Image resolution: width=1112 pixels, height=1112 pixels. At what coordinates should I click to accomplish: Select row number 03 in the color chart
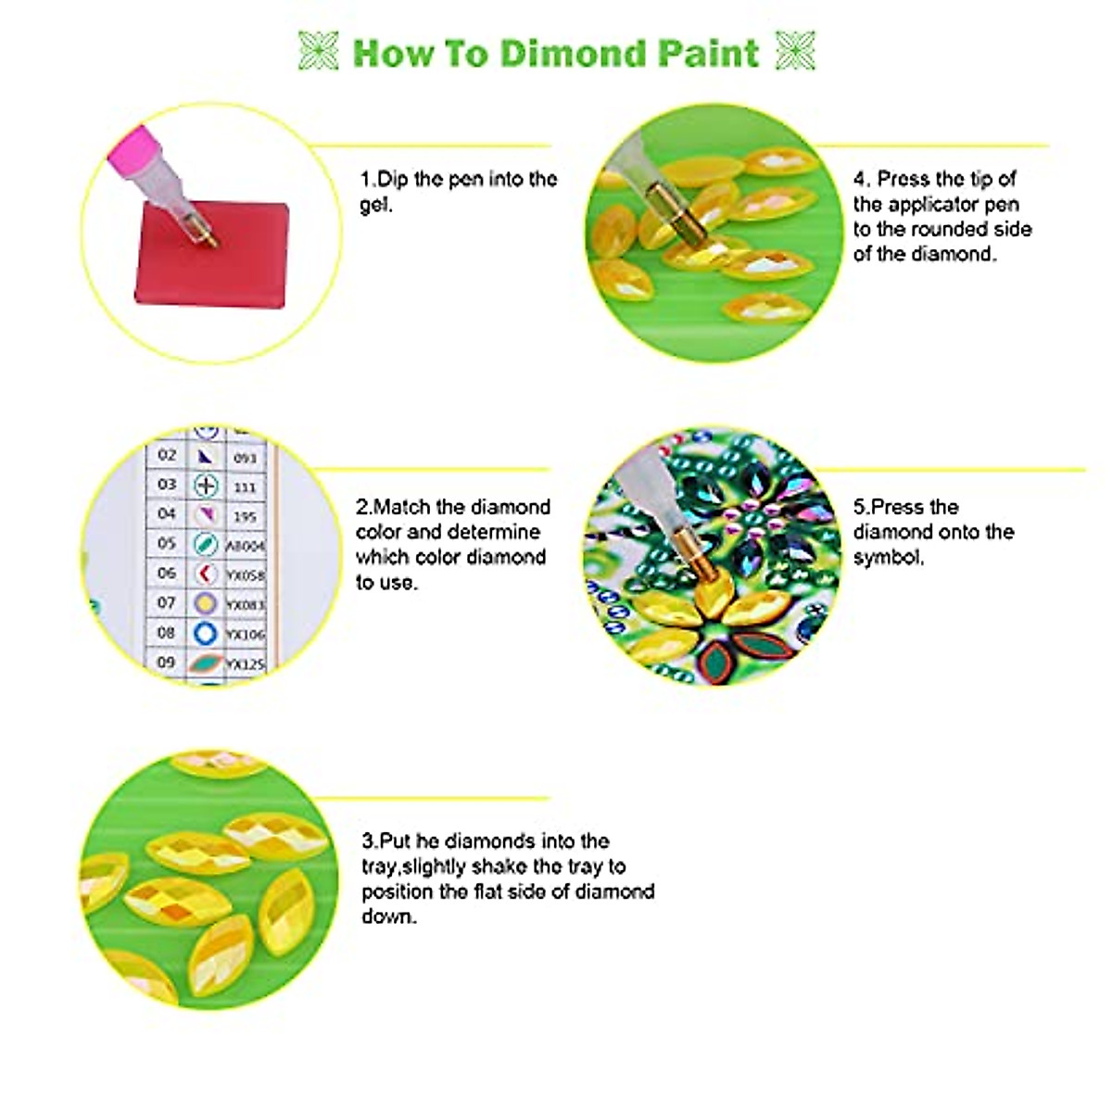coord(167,485)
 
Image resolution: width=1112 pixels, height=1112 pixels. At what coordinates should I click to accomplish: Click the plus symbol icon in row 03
coord(205,485)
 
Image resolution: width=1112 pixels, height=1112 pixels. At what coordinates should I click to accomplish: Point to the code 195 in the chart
coord(245,516)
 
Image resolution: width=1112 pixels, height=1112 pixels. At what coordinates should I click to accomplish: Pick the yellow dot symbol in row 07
coord(205,604)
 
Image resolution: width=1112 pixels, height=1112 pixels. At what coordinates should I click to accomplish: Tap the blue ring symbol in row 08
coord(205,634)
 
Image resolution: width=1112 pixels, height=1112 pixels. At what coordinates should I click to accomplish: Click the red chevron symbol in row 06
coord(205,575)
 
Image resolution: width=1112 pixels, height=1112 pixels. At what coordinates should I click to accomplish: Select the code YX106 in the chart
coord(246,635)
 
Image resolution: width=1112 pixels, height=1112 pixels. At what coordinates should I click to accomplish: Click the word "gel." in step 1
coord(376,205)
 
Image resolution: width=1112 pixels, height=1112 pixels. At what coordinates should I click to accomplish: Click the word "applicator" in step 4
coord(936,204)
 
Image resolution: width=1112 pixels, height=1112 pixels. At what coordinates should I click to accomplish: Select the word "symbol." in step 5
coord(888,557)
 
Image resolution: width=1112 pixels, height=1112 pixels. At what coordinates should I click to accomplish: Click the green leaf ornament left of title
coord(318,51)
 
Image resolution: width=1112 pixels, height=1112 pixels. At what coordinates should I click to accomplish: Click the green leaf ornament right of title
coord(795,51)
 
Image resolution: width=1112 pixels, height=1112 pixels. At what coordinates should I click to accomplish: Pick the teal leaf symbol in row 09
coord(205,663)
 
